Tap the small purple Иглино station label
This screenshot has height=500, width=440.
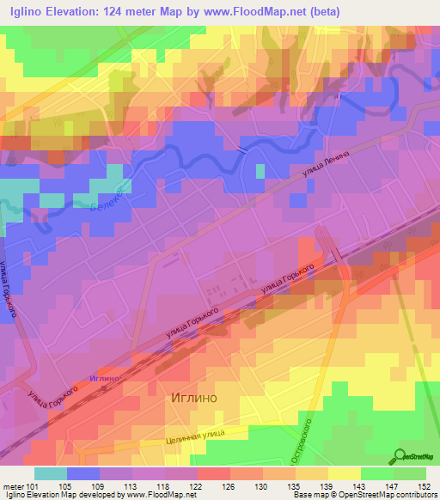coord(102,378)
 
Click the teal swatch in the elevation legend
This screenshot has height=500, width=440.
coord(51,473)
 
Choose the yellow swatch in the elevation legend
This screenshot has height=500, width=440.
coord(344,473)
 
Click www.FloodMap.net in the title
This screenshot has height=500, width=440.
coord(262,12)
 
